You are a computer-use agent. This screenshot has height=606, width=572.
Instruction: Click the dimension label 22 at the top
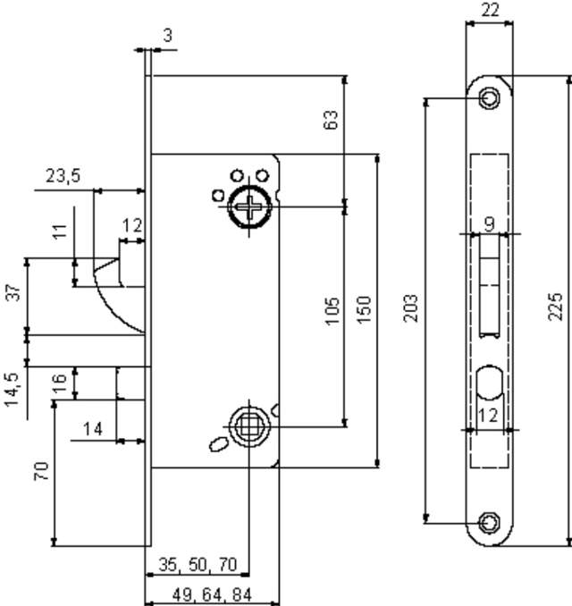490,10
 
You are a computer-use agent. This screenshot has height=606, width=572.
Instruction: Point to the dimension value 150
364,309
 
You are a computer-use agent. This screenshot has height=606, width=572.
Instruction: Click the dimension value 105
332,312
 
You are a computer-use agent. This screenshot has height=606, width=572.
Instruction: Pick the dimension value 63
332,120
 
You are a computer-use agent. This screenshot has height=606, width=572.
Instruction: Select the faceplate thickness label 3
167,36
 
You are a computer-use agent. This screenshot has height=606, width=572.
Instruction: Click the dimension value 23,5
63,176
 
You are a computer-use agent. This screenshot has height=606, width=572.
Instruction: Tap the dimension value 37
13,292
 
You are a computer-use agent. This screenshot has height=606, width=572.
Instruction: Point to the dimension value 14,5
13,391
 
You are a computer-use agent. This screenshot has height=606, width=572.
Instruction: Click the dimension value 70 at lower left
42,471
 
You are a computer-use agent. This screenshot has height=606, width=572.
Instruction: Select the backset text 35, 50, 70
198,565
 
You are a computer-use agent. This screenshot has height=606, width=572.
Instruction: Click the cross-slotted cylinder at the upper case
248,207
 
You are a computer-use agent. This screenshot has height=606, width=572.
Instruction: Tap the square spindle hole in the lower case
248,427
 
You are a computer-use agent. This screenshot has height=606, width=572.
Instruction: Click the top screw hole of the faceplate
489,98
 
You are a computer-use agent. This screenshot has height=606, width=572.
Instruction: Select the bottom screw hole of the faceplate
489,521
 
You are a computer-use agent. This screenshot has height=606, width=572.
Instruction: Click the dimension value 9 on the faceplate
489,223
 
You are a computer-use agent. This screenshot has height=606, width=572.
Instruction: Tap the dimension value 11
60,231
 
